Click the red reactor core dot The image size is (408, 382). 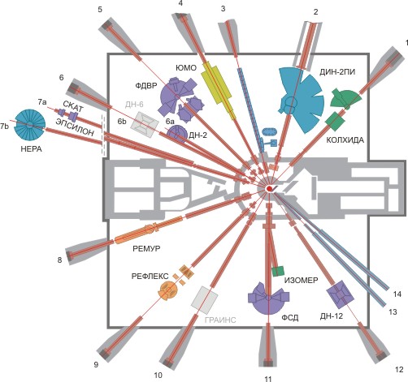[269, 188]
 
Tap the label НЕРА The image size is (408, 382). [31, 148]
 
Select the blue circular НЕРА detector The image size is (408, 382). [29, 125]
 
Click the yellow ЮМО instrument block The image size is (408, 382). [219, 89]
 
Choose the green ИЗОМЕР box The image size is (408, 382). [278, 271]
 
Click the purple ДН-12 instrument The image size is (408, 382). [340, 294]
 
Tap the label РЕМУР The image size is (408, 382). [146, 248]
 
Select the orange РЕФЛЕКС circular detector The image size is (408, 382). [168, 290]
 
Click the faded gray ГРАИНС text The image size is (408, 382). [220, 320]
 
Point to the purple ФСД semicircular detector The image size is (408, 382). [268, 298]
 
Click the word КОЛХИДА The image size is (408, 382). [345, 140]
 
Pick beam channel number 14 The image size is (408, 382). [397, 294]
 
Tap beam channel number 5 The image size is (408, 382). [100, 10]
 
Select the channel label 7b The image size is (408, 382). [4, 126]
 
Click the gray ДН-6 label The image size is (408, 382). [134, 105]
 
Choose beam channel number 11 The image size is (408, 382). [268, 379]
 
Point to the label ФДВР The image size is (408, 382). [146, 86]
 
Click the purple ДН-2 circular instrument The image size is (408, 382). [177, 134]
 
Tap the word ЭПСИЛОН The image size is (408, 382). [75, 127]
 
